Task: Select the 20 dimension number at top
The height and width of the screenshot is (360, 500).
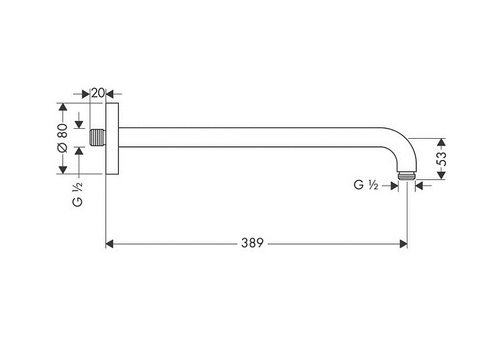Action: (x=98, y=92)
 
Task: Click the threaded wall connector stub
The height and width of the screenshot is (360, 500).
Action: (x=98, y=137)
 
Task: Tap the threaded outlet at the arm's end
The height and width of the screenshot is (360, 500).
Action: (x=405, y=176)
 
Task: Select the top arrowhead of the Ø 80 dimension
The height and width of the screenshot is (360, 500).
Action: (x=62, y=106)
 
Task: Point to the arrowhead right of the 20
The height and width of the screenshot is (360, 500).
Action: (x=114, y=92)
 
